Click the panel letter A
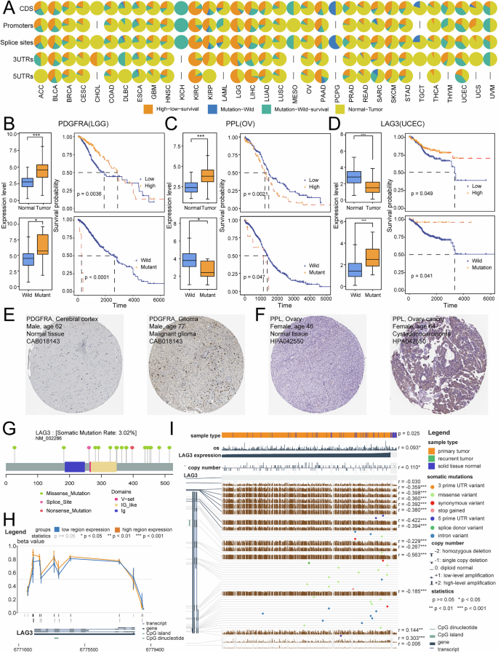click(6, 6)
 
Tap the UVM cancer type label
click(479, 94)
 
